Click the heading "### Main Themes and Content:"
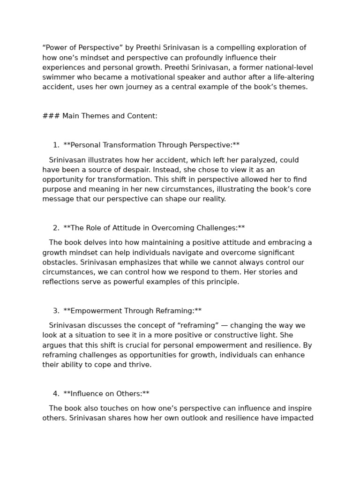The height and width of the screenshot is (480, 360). point(100,116)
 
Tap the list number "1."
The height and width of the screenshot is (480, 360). point(56,145)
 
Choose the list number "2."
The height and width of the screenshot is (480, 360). point(56,228)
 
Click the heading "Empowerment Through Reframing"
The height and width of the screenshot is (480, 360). point(133,311)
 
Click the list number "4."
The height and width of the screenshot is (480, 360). point(56,394)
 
